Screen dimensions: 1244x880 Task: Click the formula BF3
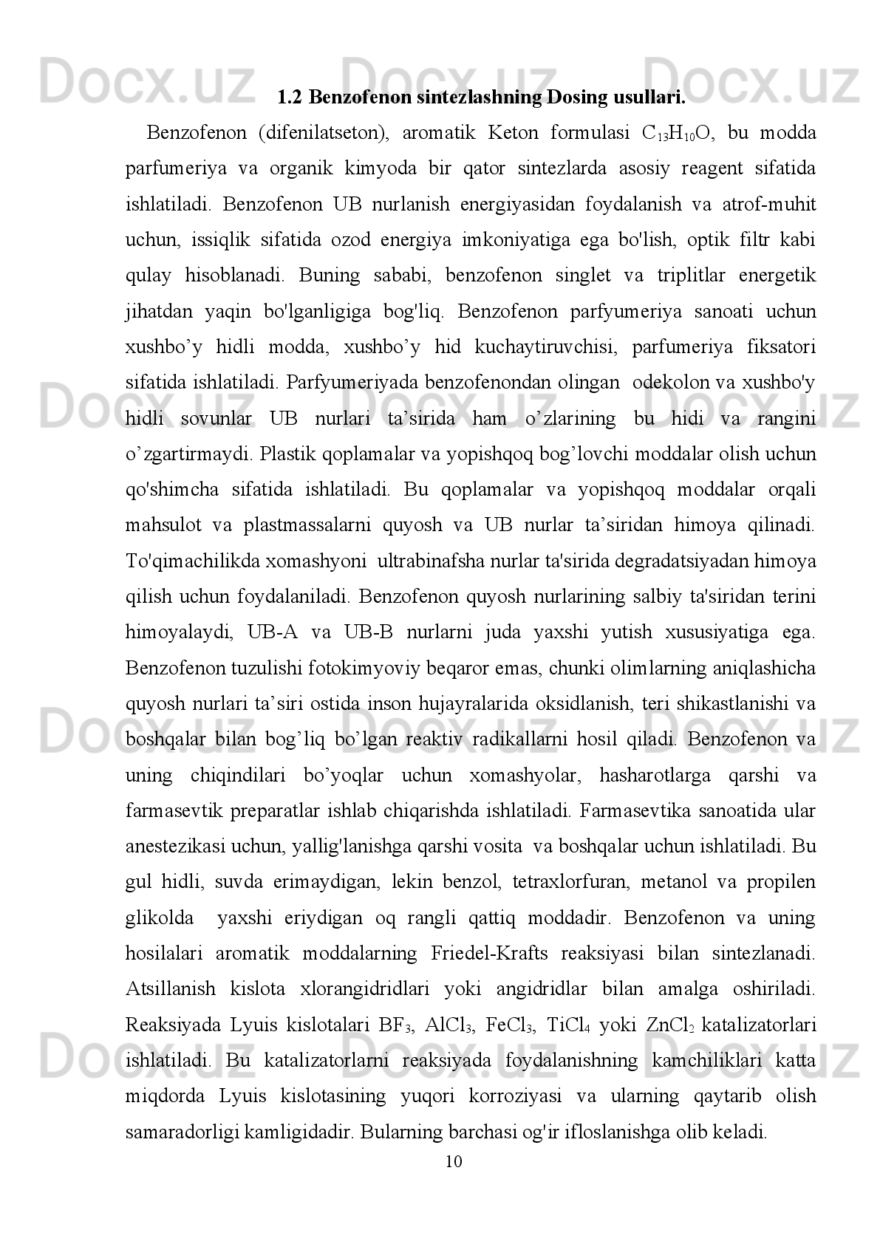tap(395, 1025)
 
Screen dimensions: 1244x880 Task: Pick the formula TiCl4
tap(567, 1025)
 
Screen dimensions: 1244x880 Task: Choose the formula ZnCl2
tap(670, 1025)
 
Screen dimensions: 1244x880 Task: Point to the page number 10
tap(454, 1161)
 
